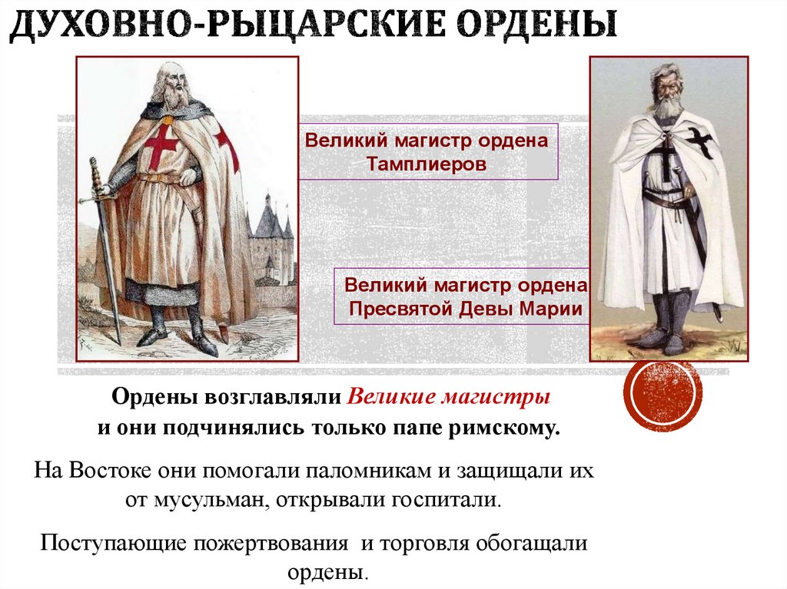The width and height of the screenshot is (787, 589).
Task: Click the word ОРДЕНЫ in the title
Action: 537,25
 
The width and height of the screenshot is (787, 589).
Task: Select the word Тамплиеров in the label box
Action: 426,164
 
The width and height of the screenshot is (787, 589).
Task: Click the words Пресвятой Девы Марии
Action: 466,308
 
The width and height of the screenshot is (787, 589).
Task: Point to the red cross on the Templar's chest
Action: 161,144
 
